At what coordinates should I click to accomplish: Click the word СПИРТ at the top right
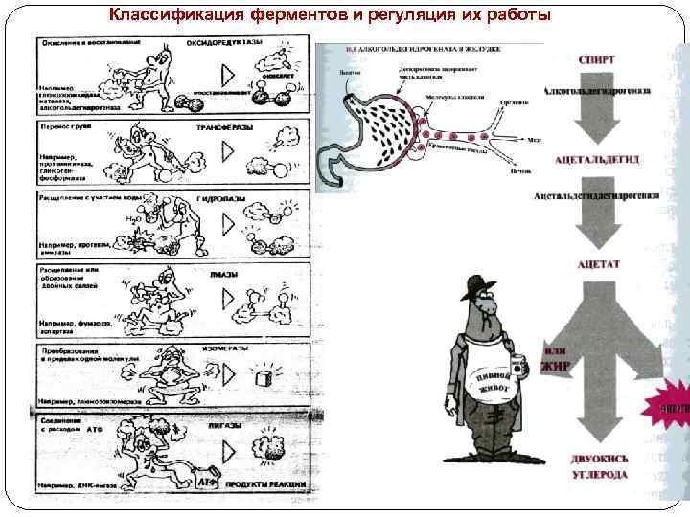pyautogui.click(x=597, y=58)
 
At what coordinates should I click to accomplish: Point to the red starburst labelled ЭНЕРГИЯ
pyautogui.click(x=674, y=404)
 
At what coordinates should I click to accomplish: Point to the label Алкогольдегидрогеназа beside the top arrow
pyautogui.click(x=597, y=90)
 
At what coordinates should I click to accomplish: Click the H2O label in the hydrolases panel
pyautogui.click(x=136, y=219)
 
